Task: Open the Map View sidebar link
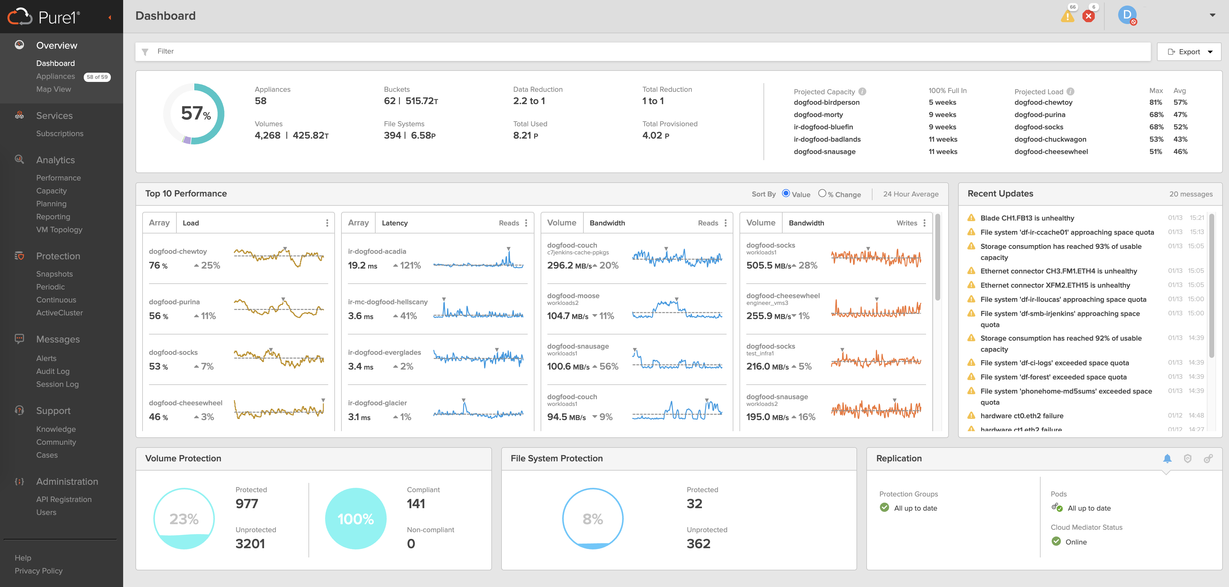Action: click(54, 89)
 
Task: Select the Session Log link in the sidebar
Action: click(57, 384)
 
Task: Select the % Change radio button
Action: click(822, 193)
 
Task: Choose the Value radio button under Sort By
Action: click(786, 193)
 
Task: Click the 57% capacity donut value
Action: click(195, 114)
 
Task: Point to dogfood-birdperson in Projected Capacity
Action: click(826, 102)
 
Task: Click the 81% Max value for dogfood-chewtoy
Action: click(1155, 102)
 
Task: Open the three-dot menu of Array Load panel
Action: click(327, 223)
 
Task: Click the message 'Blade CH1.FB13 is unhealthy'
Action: click(1027, 218)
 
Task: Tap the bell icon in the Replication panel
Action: click(1167, 459)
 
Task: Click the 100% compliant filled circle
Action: click(356, 518)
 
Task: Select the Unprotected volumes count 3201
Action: click(250, 544)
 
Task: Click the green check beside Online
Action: click(1056, 541)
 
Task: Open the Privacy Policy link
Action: click(39, 571)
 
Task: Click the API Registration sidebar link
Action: click(64, 499)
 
